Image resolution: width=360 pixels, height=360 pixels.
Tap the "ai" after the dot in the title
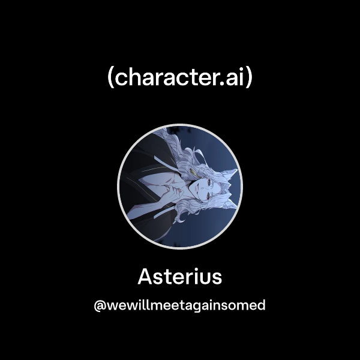point(236,78)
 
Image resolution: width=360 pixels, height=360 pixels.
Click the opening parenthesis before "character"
point(111,79)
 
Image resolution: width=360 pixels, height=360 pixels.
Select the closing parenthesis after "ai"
point(249,79)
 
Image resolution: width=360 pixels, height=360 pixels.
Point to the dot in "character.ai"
point(223,85)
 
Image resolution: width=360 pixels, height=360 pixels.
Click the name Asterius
point(180,277)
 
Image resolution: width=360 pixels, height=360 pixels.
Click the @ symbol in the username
point(100,305)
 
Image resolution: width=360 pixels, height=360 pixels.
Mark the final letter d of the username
point(260,305)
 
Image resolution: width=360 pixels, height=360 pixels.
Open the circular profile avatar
point(180,186)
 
